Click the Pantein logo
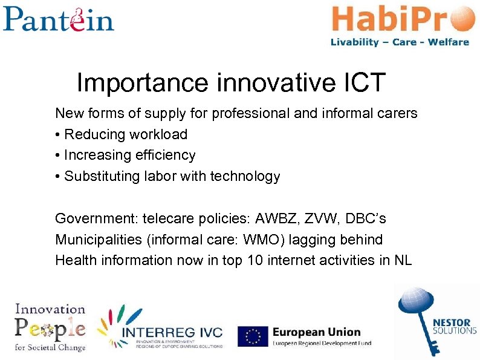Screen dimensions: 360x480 pos(58,19)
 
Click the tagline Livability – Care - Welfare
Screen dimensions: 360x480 pos(400,42)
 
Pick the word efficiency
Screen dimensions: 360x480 pos(165,155)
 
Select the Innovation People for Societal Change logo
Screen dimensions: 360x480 pos(50,327)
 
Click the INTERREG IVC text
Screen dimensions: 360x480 pos(172,333)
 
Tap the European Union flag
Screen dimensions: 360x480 pos(253,336)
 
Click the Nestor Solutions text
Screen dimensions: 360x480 pos(455,327)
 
